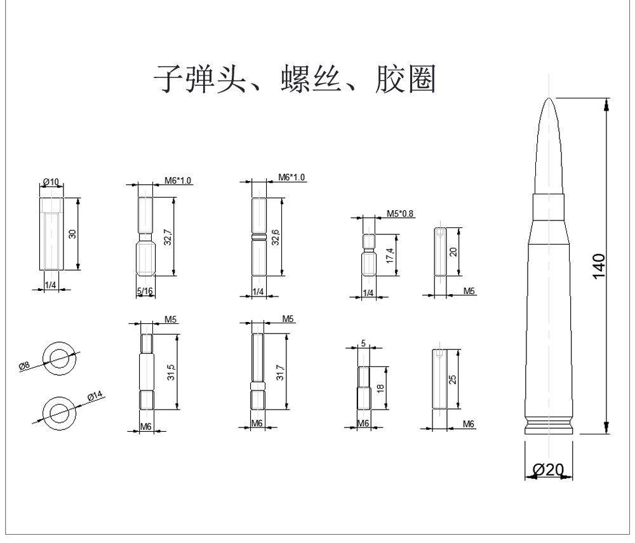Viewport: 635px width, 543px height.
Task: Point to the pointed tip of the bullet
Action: click(550, 99)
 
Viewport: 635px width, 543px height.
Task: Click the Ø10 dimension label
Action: click(50, 183)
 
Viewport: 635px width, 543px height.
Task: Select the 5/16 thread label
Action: click(145, 292)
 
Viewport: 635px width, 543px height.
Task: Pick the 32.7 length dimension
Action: click(168, 236)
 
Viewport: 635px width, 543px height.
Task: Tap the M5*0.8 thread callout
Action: click(400, 213)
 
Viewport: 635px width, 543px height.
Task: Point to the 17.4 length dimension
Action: click(389, 255)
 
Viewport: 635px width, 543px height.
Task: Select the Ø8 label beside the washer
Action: click(24, 365)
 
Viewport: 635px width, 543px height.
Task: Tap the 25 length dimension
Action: click(453, 380)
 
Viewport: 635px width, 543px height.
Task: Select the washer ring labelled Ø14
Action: click(59, 412)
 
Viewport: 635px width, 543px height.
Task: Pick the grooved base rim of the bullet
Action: click(550, 427)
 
